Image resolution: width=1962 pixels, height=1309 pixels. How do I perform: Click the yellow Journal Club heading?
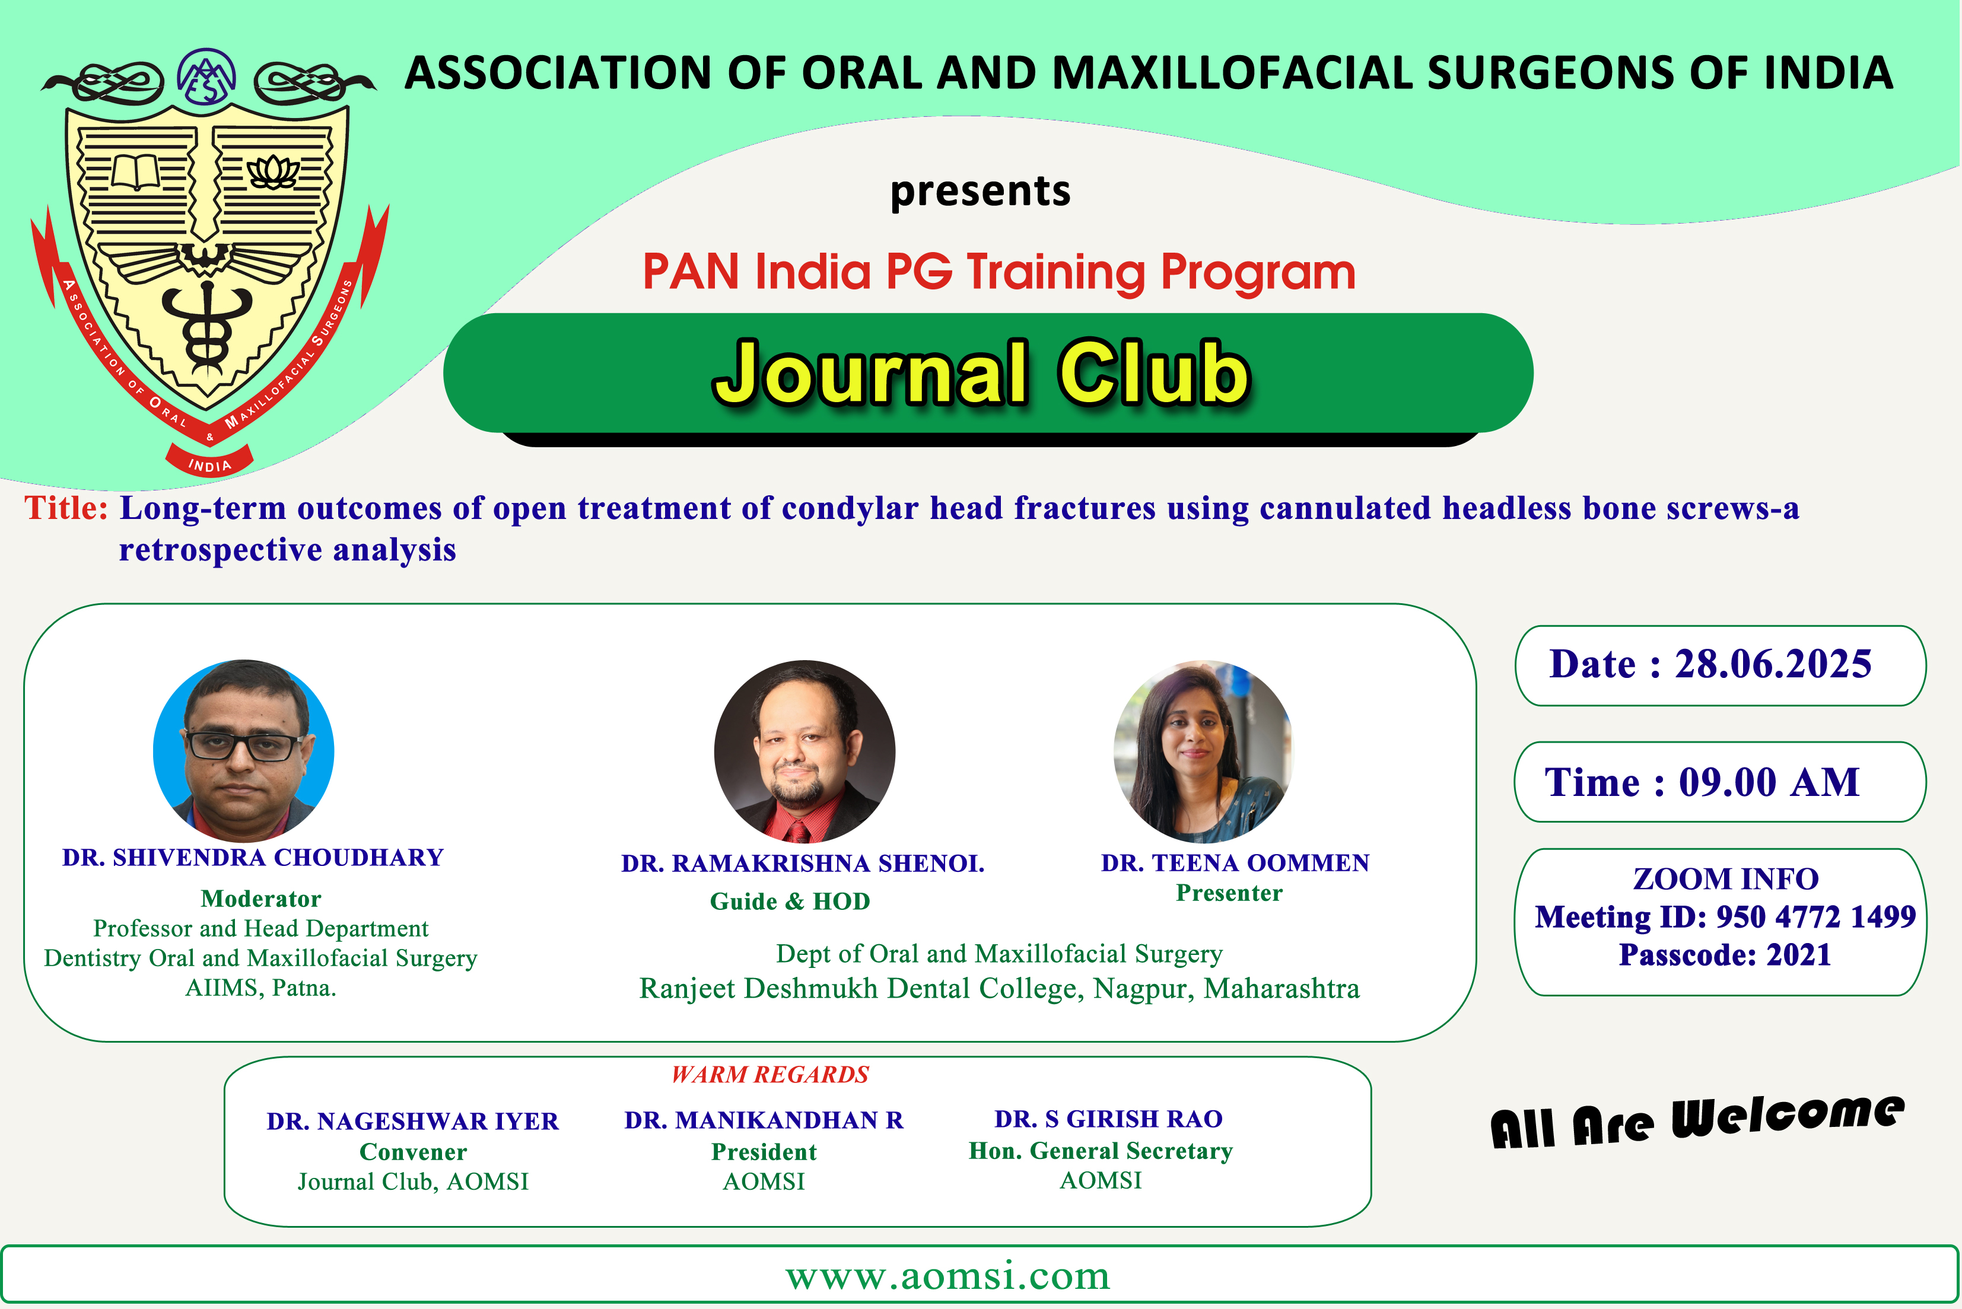click(982, 373)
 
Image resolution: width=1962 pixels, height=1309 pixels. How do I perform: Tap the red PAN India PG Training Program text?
click(999, 272)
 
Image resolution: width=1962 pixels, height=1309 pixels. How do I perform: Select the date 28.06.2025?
click(1773, 664)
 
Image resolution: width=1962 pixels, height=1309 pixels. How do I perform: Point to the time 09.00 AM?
click(1769, 783)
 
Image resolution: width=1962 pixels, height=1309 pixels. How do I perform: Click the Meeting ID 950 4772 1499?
click(1725, 918)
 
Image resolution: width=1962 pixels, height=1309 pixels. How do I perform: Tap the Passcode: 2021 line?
click(1725, 955)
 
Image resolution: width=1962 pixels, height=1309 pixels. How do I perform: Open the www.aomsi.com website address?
click(947, 1276)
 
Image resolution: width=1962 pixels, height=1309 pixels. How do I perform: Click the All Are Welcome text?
click(1697, 1121)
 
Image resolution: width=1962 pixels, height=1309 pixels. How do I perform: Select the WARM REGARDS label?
click(769, 1074)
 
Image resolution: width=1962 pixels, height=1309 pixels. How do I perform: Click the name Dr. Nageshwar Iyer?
click(412, 1121)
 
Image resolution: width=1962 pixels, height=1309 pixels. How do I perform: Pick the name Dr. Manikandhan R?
click(764, 1120)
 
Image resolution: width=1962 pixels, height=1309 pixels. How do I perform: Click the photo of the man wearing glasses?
click(244, 750)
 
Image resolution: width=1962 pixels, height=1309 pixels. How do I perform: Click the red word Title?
click(66, 508)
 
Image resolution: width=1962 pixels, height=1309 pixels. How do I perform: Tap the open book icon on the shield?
click(135, 172)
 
